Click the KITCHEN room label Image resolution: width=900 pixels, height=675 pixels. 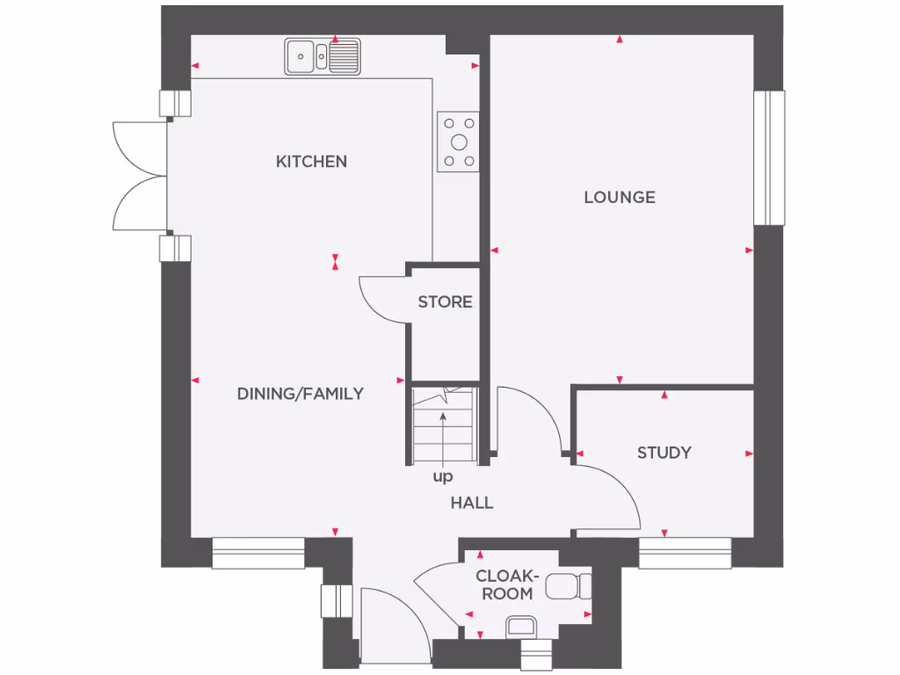[311, 162]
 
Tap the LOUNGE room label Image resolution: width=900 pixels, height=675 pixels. [620, 198]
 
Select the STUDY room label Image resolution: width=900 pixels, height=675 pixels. [664, 453]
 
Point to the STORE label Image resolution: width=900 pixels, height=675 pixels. [445, 302]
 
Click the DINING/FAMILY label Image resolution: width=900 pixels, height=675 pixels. [300, 394]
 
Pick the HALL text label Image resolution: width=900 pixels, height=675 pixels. [472, 504]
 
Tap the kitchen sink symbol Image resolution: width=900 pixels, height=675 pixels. [322, 56]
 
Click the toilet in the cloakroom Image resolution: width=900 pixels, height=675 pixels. [568, 585]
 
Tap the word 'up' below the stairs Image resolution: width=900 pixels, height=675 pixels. [443, 477]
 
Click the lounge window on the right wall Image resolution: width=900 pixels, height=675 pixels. [769, 157]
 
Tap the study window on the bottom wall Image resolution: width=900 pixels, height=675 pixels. [685, 553]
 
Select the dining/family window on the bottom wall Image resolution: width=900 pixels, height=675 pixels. [258, 553]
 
